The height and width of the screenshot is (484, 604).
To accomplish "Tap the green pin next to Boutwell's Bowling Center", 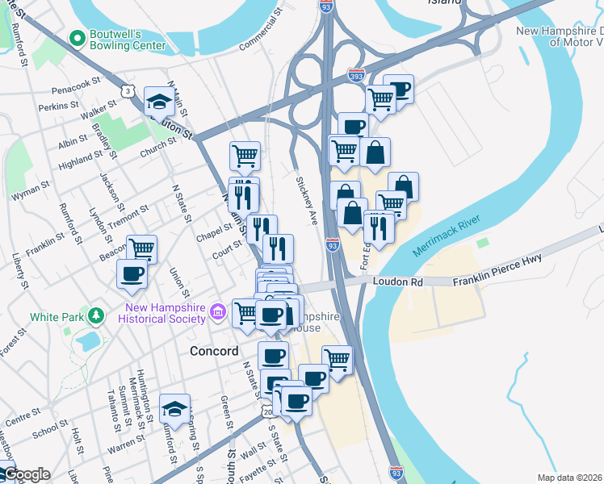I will (78, 38).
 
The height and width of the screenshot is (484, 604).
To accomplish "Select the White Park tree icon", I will (96, 315).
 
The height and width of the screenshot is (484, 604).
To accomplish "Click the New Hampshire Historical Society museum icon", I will (217, 311).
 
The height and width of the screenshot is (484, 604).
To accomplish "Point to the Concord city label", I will (214, 352).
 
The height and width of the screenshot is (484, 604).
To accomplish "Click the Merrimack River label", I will (447, 236).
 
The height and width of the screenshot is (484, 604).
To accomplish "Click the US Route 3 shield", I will (127, 92).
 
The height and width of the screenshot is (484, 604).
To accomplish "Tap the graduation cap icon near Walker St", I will (157, 102).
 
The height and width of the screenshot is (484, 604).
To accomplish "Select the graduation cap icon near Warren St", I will (174, 409).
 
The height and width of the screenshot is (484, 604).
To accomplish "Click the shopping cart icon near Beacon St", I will (141, 249).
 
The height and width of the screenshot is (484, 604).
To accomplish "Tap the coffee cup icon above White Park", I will (132, 273).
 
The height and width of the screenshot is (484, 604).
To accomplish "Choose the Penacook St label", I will (73, 82).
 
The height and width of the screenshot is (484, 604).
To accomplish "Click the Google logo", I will (27, 474).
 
